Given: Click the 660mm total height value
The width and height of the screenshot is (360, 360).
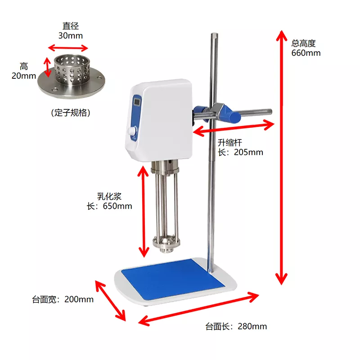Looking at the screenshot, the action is [x=306, y=53].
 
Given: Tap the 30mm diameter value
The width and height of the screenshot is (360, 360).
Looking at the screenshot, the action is [x=71, y=36].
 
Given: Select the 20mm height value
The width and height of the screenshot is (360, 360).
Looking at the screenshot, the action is [x=24, y=76].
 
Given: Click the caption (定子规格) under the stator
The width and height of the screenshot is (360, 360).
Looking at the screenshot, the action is [x=71, y=112].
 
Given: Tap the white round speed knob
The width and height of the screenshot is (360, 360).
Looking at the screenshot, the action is [x=132, y=131].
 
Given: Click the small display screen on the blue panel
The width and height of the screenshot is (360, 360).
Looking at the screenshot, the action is [x=137, y=102].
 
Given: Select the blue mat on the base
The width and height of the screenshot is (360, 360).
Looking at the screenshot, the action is [x=173, y=279].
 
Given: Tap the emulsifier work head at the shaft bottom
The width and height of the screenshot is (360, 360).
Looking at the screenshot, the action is [x=166, y=244].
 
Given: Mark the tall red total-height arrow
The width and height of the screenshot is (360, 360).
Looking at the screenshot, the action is [x=282, y=157].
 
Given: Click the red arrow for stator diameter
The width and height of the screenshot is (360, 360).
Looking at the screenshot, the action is [x=68, y=48].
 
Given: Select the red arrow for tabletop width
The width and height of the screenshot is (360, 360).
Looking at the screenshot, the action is [x=110, y=301].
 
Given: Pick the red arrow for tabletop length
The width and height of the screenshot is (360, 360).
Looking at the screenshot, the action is [x=198, y=309].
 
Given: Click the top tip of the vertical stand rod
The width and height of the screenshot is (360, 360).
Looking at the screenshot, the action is [x=214, y=33].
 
